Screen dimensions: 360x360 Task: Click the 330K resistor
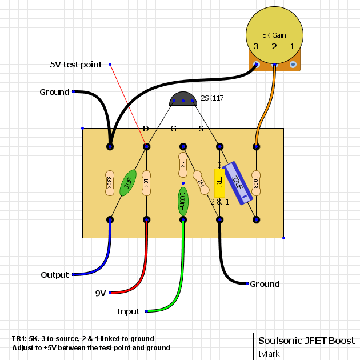110,183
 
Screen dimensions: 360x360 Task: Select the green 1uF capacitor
128,183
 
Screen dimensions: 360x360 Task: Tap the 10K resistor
146,183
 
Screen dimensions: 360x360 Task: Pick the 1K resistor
183,165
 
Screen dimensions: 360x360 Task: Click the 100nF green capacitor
183,201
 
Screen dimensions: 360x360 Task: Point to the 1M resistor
201,183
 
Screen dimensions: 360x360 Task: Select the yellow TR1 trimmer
219,183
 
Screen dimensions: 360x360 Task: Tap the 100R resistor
256,183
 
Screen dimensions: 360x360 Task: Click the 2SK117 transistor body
183,99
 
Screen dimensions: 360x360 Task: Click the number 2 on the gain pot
274,47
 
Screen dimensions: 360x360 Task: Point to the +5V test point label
73,65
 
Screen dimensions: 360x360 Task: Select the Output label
55,275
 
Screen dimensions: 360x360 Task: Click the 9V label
101,293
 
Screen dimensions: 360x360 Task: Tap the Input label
129,311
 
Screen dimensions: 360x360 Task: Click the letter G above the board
174,129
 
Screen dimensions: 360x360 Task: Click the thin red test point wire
128,105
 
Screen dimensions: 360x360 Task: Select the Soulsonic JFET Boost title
306,341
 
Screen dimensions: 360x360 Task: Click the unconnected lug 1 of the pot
293,65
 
